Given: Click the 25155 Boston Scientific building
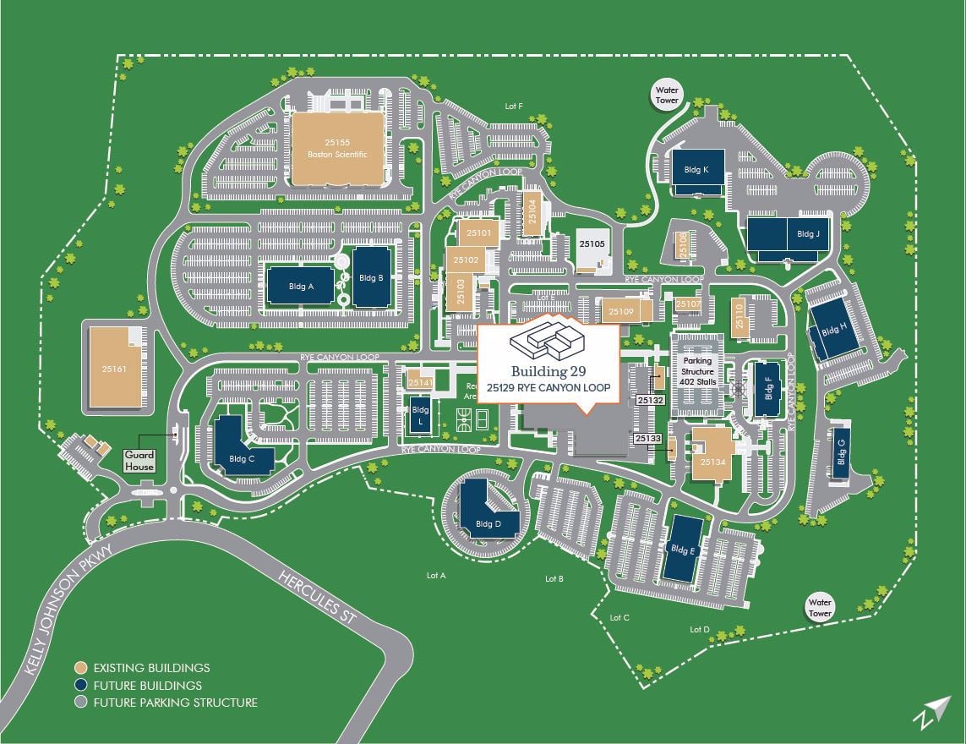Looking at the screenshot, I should point(336,149).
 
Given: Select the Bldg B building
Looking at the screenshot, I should point(371,277).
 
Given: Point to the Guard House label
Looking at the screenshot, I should point(140,461).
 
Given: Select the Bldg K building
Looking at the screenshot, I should point(698,172).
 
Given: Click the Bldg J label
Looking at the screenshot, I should point(808,234).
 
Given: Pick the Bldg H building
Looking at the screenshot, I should point(832,331).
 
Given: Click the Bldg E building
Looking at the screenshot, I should point(682,549).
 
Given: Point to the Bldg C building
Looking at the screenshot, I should point(240,447).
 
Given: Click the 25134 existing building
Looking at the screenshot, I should point(712,457).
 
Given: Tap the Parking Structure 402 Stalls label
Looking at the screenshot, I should point(698,371).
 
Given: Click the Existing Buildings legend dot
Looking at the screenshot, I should point(80,668).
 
